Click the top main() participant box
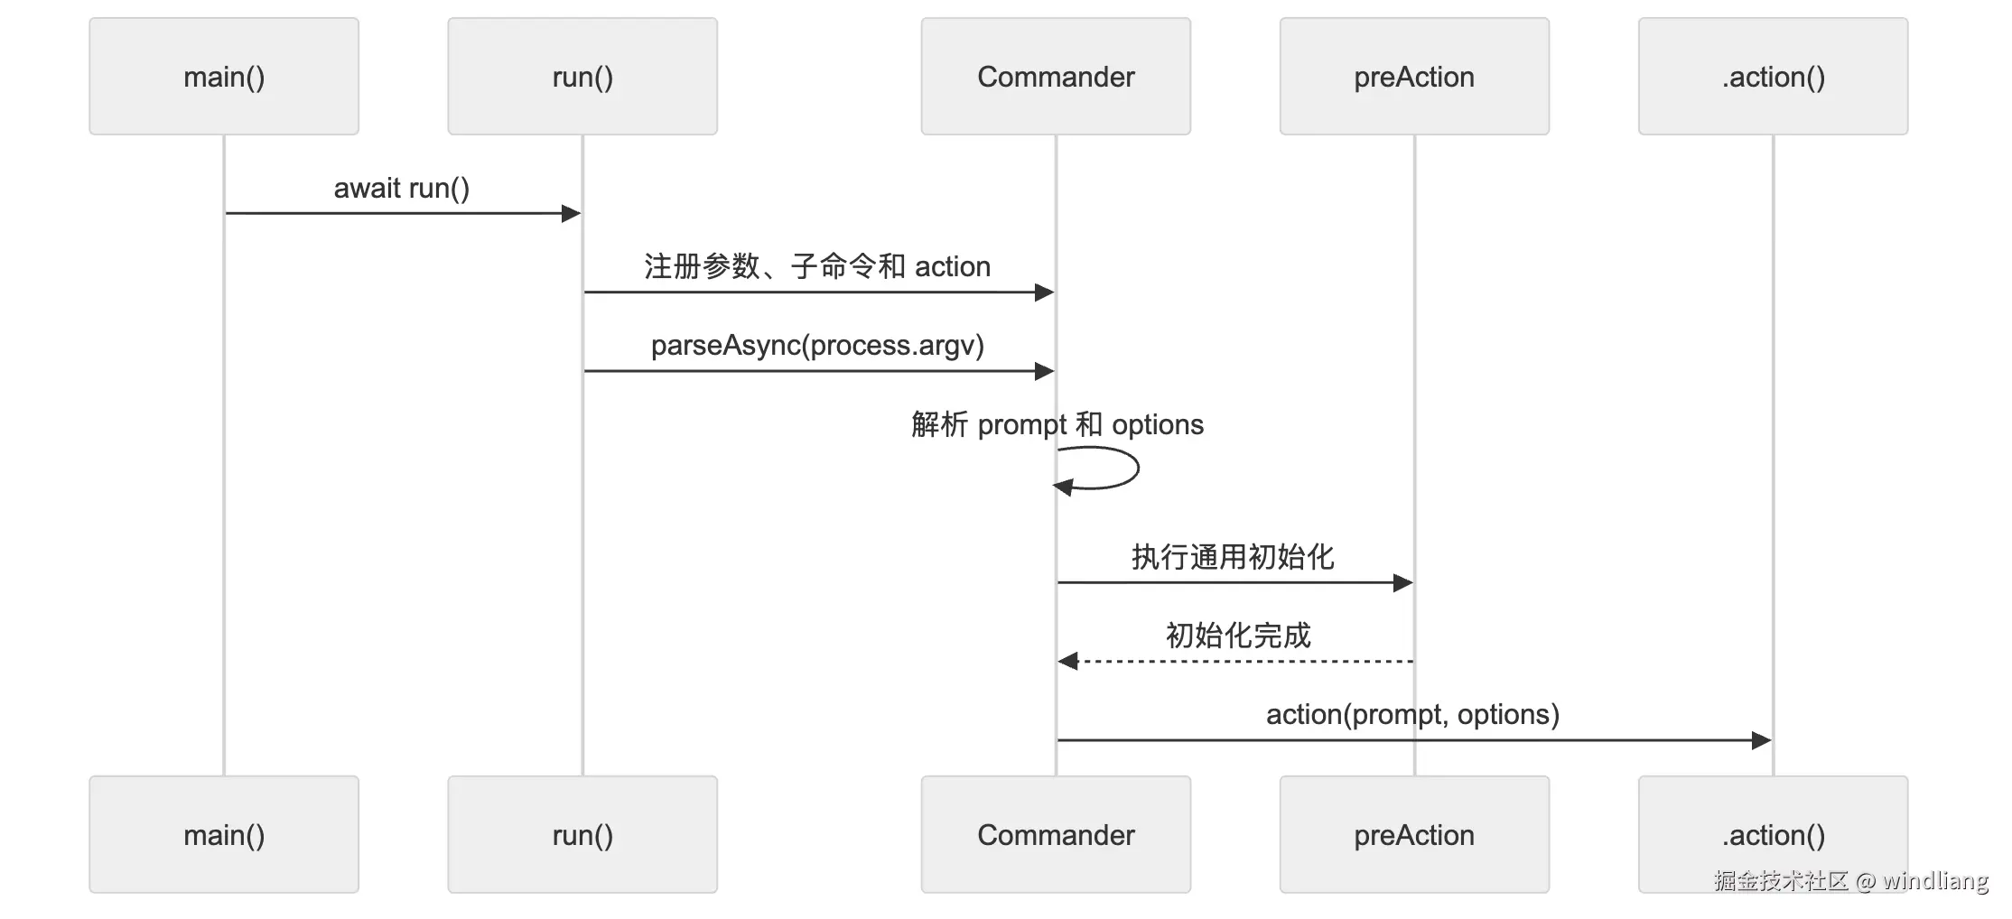click(224, 77)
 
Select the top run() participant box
click(582, 77)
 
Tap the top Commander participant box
click(1056, 77)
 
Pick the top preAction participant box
click(1414, 77)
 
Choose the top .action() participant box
click(1773, 77)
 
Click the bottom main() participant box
click(224, 834)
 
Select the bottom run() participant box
click(582, 834)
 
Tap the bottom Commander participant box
click(1056, 834)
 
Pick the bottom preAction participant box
click(1414, 834)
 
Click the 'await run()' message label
click(402, 188)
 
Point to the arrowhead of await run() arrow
click(571, 213)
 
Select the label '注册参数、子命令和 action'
click(817, 266)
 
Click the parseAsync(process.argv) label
click(817, 345)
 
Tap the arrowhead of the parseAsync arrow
click(1044, 371)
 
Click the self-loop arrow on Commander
click(1137, 468)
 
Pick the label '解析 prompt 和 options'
click(1057, 424)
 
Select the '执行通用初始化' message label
click(1233, 557)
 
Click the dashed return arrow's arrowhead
click(1067, 662)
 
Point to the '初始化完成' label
click(1238, 636)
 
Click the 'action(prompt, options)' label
click(1412, 714)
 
